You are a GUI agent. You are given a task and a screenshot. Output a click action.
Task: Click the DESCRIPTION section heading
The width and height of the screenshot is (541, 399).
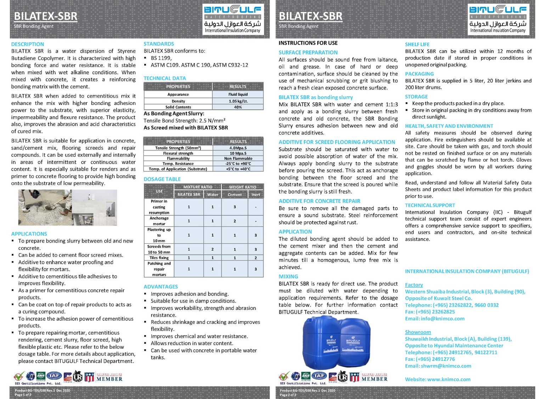point(28,44)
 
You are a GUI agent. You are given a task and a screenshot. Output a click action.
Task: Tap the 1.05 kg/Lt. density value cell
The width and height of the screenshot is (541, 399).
point(238,101)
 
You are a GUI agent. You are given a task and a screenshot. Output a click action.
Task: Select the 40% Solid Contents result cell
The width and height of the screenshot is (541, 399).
point(238,107)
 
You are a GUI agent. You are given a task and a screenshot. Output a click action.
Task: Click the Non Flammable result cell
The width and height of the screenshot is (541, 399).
point(238,159)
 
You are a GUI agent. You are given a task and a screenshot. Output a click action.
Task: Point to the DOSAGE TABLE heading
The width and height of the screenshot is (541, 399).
point(162,179)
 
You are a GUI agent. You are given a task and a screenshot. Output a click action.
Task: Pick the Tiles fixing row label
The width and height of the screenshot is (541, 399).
point(159,258)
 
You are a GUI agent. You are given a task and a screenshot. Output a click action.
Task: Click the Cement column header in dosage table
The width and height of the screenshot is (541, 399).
point(235,194)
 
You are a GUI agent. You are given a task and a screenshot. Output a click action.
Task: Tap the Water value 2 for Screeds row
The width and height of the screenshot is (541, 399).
point(213,249)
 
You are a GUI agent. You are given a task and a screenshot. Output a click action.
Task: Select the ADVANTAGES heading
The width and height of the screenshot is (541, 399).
point(160,287)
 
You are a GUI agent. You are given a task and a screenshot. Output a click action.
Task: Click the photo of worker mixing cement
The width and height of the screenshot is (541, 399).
point(45,207)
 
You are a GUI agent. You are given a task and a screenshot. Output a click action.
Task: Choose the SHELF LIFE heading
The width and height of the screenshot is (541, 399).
point(417,44)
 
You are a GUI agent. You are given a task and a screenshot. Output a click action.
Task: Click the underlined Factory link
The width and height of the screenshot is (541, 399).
point(414,285)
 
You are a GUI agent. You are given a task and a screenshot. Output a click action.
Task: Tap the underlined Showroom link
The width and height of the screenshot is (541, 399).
point(418,332)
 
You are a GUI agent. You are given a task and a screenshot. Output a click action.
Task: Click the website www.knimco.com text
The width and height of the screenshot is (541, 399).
point(449,379)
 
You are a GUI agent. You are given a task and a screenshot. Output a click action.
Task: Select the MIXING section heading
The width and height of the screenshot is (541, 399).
point(288,276)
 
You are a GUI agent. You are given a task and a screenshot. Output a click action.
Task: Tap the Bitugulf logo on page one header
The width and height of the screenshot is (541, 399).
point(232,19)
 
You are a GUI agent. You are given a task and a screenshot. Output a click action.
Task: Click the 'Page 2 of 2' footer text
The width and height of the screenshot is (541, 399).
point(288,395)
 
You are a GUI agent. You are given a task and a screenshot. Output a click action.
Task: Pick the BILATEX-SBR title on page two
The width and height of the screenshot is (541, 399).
point(310,16)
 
